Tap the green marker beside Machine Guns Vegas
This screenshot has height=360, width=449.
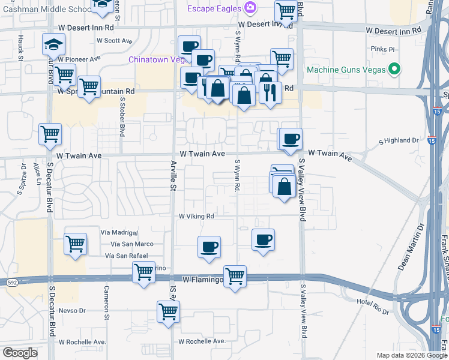tap(394, 70)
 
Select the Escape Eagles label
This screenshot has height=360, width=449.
tap(214, 8)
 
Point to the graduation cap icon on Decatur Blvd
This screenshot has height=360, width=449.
tap(53, 44)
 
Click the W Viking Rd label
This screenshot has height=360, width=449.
tap(196, 216)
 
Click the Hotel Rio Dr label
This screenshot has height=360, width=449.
tap(373, 302)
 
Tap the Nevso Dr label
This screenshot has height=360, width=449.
tap(73, 311)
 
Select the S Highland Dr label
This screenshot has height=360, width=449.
tap(398, 140)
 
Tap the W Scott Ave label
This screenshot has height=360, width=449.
tap(114, 41)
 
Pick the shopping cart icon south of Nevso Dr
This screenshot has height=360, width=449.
tap(169, 312)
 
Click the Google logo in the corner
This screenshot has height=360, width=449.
tap(20, 353)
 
